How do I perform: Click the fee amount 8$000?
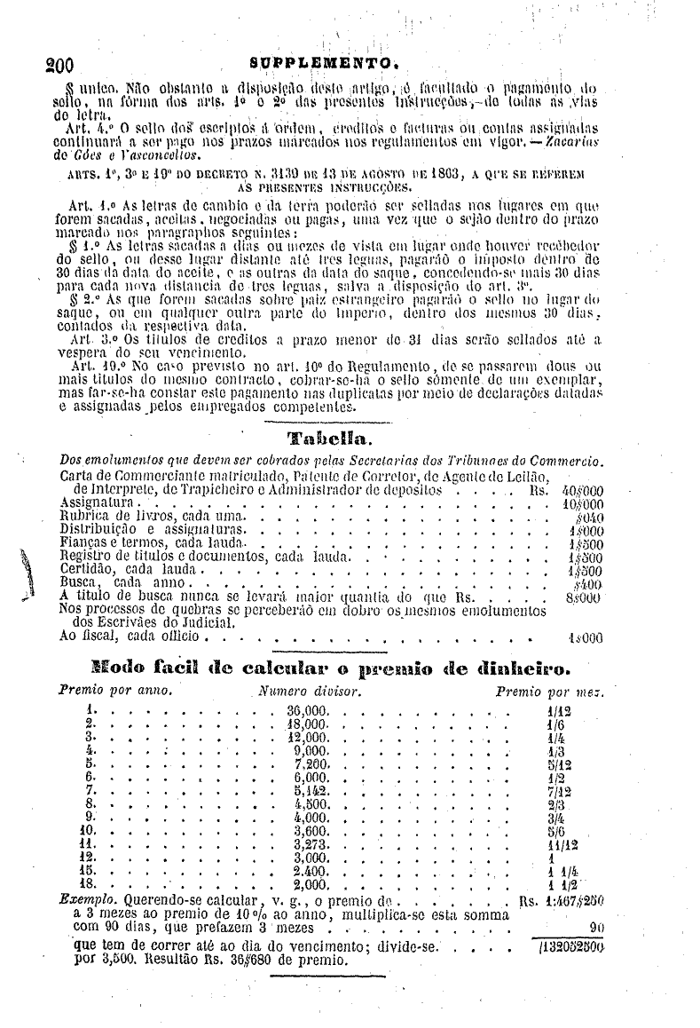point(583,597)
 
